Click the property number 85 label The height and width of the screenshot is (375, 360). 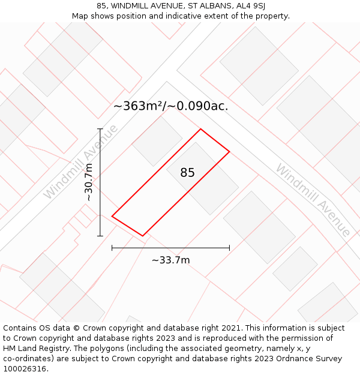[187, 173]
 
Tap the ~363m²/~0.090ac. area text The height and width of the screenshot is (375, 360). [170, 106]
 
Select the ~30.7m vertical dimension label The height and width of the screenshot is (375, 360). [89, 182]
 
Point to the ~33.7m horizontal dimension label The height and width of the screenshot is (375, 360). [170, 260]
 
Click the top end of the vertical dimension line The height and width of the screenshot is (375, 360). [100, 129]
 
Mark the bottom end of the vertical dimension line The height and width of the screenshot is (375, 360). [100, 236]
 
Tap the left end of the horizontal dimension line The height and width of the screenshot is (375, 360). [112, 247]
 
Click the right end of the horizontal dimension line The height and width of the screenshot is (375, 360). [229, 247]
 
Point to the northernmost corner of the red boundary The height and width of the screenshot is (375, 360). [200, 129]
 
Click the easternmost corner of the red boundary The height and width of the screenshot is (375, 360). [229, 151]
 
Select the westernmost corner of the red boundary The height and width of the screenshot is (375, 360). [112, 216]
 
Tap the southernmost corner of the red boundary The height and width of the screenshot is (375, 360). [143, 236]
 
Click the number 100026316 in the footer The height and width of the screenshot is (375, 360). [25, 369]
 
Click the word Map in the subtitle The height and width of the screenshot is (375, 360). [80, 16]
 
